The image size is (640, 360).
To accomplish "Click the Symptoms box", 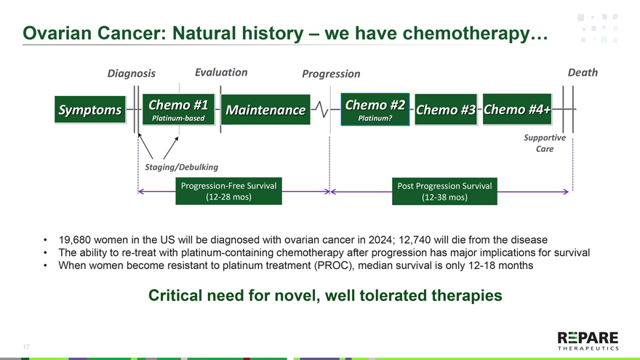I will pyautogui.click(x=89, y=110).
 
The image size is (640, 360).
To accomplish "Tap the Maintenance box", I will pyautogui.click(x=265, y=110).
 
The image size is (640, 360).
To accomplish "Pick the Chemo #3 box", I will pyautogui.click(x=445, y=110).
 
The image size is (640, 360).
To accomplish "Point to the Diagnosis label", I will pyautogui.click(x=131, y=73).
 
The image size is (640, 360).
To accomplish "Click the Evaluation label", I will pyautogui.click(x=221, y=72).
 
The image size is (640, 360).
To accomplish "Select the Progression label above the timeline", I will pyautogui.click(x=331, y=73).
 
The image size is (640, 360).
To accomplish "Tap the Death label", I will pyautogui.click(x=582, y=72).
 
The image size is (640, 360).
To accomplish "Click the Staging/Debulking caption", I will pyautogui.click(x=177, y=167).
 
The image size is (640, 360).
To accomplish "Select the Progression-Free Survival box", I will pyautogui.click(x=228, y=191).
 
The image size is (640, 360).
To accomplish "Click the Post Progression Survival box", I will pyautogui.click(x=444, y=191).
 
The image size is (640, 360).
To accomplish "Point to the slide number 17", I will pyautogui.click(x=26, y=347).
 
